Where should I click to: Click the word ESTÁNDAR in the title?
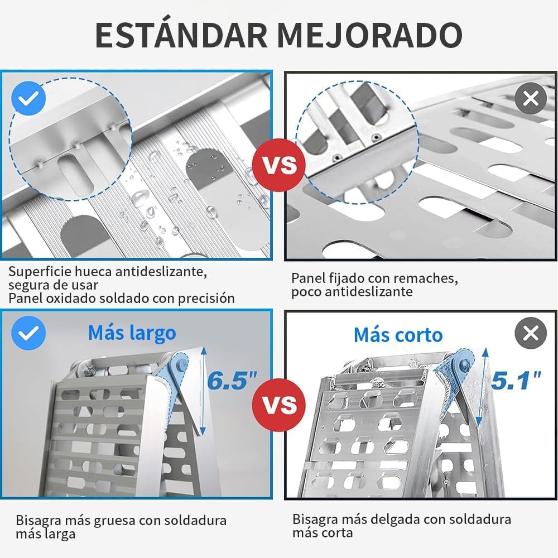[181, 35]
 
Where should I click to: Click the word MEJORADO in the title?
[370, 35]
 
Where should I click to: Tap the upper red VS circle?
[278, 165]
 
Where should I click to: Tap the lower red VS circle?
[278, 405]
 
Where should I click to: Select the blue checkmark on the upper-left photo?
[28, 98]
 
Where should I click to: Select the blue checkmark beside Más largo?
[28, 333]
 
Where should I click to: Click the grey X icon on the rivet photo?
[531, 98]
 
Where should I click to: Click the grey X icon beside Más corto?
[531, 333]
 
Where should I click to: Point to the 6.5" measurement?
[232, 380]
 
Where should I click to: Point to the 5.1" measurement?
[516, 380]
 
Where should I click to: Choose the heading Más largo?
[132, 334]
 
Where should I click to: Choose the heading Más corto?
[398, 335]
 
